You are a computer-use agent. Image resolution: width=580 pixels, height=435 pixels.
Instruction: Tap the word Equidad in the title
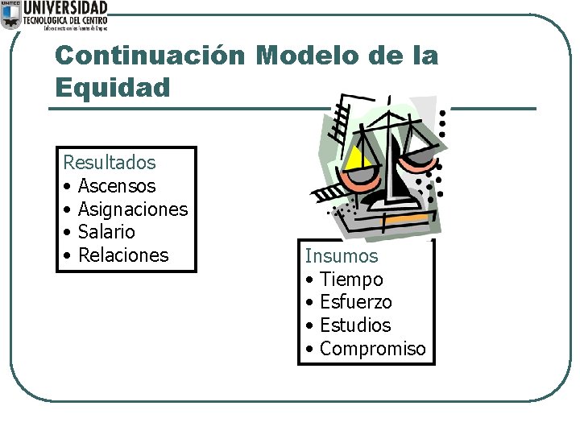113,87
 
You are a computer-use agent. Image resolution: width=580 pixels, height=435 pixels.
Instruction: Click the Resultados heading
110,163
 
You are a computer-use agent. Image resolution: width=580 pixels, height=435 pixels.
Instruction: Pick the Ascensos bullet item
117,186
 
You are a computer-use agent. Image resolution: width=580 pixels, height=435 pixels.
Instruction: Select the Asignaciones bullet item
132,209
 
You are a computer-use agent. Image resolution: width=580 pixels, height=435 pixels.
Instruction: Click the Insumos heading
341,256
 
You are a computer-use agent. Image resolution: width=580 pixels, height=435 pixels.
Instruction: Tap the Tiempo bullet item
351,280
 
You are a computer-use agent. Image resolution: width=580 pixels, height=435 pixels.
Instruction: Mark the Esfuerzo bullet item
355,302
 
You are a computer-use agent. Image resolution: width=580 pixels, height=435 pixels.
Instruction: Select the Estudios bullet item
354,325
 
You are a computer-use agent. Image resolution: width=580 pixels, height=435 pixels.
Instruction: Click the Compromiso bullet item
372,349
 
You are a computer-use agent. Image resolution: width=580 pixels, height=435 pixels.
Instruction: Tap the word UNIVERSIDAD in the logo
65,7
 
